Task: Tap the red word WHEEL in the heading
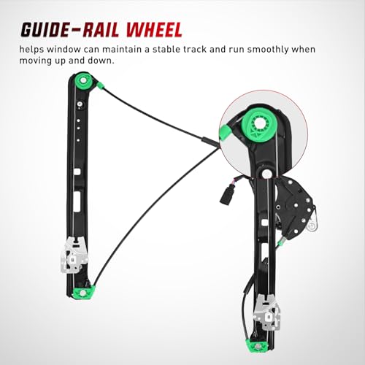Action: (154, 30)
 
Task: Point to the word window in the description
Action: (64, 50)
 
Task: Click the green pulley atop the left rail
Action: (83, 81)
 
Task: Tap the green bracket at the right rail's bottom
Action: (259, 346)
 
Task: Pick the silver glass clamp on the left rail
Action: (74, 255)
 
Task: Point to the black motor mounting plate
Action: (294, 207)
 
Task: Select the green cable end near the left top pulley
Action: (100, 85)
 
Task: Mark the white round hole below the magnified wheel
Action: (267, 173)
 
